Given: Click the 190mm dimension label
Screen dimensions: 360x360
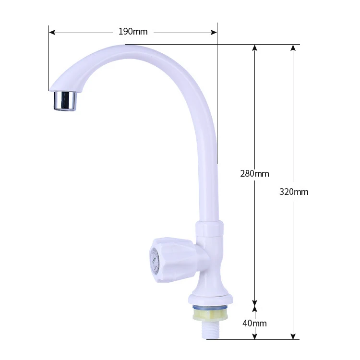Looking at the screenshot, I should (133, 32).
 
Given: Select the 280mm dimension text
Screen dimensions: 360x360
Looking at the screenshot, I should (254, 174).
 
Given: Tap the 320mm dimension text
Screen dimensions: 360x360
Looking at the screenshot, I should (294, 192).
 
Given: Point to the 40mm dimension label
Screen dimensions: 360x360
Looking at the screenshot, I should (254, 323).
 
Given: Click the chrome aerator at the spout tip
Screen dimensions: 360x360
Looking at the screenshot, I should (64, 100).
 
